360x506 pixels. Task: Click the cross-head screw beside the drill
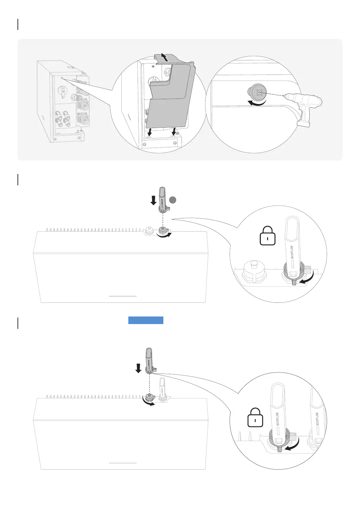tap(256, 92)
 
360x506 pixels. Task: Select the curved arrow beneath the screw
tap(257, 103)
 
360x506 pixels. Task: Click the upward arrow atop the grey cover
tap(165, 57)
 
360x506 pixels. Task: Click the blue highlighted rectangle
tap(146, 320)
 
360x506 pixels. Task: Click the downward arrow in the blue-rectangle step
tap(138, 368)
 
